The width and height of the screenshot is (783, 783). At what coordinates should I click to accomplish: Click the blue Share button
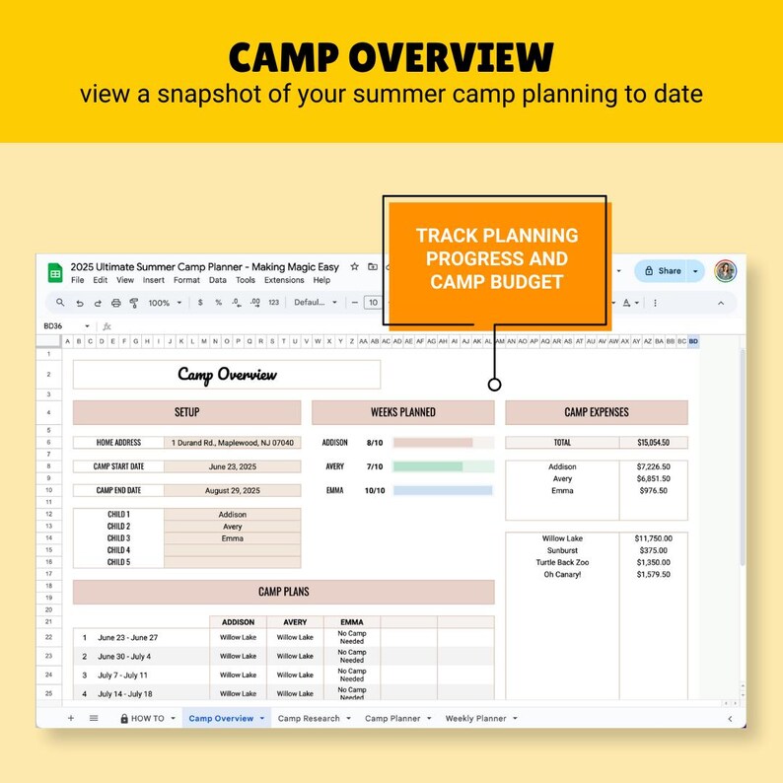[x=663, y=271]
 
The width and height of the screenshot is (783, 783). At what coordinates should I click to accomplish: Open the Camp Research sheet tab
[x=309, y=719]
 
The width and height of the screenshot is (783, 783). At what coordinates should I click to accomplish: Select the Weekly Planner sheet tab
[x=475, y=719]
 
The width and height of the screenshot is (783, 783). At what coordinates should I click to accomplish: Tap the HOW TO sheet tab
[x=148, y=719]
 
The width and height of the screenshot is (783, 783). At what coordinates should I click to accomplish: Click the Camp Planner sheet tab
[x=392, y=719]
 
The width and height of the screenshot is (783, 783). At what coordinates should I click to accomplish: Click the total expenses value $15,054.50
[x=653, y=443]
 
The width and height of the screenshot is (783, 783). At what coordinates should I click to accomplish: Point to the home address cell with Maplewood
[x=232, y=443]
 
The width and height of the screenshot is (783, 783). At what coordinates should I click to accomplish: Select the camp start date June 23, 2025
[x=232, y=466]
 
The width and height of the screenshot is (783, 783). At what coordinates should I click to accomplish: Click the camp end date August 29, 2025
[x=232, y=490]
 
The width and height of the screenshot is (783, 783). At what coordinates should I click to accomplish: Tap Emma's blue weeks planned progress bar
[x=443, y=490]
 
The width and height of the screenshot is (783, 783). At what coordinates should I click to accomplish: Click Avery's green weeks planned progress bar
[x=428, y=466]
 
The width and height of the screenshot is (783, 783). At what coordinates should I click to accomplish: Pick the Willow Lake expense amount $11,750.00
[x=653, y=538]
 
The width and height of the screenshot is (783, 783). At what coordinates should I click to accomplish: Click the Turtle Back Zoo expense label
[x=562, y=562]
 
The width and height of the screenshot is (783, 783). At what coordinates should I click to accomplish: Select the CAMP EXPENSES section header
[x=597, y=412]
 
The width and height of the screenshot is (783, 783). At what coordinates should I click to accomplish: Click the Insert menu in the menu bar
[x=154, y=280]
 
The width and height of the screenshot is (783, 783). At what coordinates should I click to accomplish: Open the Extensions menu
[x=284, y=280]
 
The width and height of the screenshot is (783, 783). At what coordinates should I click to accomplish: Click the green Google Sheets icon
[x=54, y=272]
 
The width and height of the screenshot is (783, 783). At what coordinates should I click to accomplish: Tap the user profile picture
[x=725, y=271]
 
